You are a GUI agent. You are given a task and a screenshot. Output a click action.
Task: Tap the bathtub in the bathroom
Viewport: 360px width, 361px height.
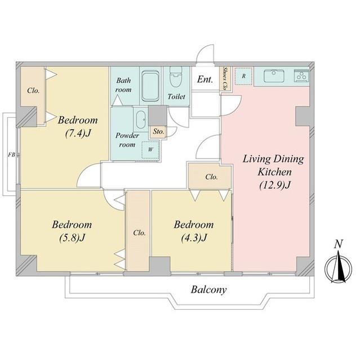click(x=150, y=86)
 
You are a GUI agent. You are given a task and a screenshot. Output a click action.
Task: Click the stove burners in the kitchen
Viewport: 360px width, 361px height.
click(x=301, y=74)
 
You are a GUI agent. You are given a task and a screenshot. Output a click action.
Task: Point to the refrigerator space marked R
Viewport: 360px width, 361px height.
click(x=244, y=76)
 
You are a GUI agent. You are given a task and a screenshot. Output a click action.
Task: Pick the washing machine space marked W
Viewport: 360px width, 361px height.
click(x=150, y=150)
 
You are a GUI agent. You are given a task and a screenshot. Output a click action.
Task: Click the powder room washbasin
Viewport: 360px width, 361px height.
click(x=140, y=120)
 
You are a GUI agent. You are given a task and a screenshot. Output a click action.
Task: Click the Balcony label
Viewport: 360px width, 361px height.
click(x=209, y=290)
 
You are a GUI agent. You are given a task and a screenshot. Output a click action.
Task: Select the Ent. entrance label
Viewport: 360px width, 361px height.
click(x=205, y=80)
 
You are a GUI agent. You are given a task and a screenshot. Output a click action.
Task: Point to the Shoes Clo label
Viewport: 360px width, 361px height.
click(x=225, y=78)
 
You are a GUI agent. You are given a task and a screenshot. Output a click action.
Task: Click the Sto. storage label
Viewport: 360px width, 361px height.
click(x=159, y=131)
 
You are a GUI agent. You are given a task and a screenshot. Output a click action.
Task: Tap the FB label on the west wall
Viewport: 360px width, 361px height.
click(x=11, y=155)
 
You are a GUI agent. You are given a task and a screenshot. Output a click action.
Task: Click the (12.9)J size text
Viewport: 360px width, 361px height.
click(x=275, y=186)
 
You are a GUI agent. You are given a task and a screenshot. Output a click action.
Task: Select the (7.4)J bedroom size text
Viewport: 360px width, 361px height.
click(x=78, y=133)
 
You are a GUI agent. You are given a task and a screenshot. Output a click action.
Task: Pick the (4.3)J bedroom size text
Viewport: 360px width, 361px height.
click(x=194, y=237)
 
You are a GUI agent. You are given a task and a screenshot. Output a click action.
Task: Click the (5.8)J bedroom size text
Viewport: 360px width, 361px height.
click(x=72, y=237)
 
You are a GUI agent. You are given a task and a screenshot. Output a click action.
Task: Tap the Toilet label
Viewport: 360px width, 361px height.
click(x=176, y=96)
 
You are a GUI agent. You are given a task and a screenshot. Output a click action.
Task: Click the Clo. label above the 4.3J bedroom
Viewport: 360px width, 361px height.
click(x=211, y=177)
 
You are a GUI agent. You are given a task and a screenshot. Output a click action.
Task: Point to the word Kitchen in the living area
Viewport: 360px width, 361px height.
click(x=274, y=172)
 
